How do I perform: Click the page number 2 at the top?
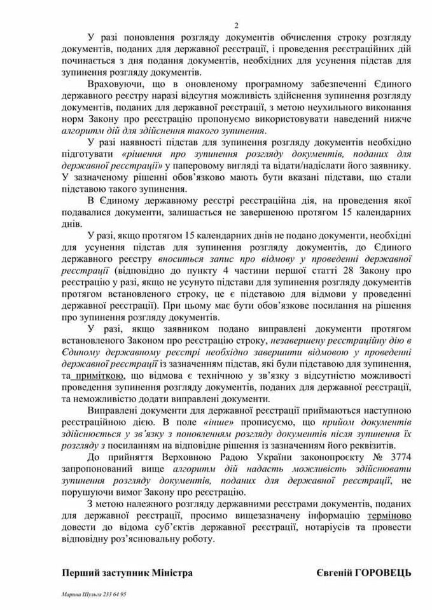coord(235,25)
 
